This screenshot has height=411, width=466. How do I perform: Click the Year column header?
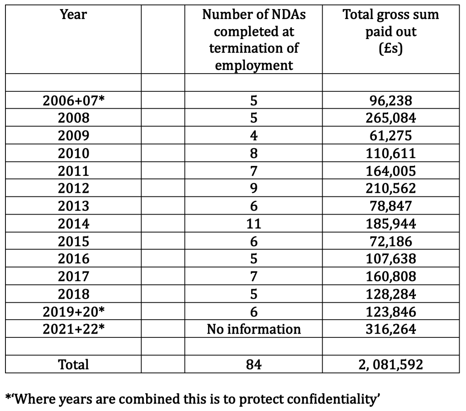(73, 15)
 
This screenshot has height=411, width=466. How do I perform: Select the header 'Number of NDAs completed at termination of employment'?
(254, 40)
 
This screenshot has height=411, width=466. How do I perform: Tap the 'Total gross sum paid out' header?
(391, 31)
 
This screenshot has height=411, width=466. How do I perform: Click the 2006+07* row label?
(73, 100)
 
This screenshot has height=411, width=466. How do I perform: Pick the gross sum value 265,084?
(391, 118)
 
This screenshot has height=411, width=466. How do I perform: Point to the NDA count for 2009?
(253, 135)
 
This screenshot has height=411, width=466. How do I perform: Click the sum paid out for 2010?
(391, 153)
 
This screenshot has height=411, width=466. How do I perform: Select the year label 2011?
(73, 171)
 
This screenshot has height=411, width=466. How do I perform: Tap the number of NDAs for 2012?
(253, 188)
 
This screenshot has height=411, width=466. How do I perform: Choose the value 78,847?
(391, 206)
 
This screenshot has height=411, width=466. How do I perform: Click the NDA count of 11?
(253, 223)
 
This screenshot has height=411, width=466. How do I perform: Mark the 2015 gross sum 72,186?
(391, 241)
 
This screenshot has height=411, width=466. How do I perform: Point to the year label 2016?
(73, 259)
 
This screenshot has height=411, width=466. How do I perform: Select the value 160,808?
(391, 276)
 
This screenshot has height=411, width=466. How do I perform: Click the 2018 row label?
(73, 294)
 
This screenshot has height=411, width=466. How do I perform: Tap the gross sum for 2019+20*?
(391, 312)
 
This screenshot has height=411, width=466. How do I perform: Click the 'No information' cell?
(254, 329)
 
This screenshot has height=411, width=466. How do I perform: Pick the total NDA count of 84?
(253, 364)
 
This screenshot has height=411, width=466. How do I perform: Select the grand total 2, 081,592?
(391, 365)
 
